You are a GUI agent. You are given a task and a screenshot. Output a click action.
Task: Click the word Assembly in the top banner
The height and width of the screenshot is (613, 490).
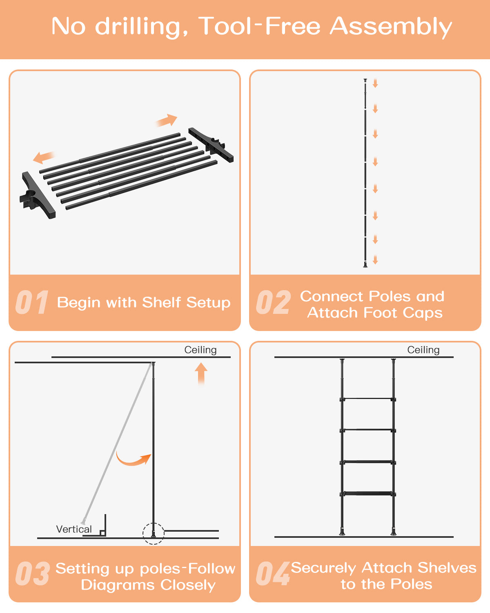click(x=391, y=27)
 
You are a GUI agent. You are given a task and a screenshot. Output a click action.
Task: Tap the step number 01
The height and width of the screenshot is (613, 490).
click(x=32, y=302)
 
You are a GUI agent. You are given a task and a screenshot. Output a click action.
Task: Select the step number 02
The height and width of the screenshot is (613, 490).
click(x=273, y=302)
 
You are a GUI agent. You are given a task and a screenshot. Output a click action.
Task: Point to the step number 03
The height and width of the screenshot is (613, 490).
click(x=32, y=573)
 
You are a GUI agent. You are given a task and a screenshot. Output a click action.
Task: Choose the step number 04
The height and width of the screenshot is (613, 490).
click(x=273, y=573)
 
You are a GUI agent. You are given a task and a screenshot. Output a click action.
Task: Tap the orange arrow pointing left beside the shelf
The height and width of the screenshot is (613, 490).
click(x=44, y=157)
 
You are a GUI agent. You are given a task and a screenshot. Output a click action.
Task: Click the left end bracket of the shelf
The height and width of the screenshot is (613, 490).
click(x=37, y=195)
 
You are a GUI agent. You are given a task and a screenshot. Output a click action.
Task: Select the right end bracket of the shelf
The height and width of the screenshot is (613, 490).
click(x=211, y=145)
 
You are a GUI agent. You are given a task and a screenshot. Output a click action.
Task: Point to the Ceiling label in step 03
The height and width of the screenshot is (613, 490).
click(x=200, y=350)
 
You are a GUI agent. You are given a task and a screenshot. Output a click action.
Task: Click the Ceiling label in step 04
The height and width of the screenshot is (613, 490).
click(x=423, y=350)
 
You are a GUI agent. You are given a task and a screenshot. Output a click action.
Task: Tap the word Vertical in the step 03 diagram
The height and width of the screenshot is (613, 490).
click(x=74, y=529)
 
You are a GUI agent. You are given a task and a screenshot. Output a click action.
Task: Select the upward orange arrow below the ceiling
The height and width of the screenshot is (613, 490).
click(x=201, y=374)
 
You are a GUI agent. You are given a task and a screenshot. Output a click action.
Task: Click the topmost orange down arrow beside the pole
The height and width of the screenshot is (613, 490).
click(x=375, y=83)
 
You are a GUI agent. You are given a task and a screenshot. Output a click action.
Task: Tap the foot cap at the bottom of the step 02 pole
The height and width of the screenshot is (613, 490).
click(x=365, y=265)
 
